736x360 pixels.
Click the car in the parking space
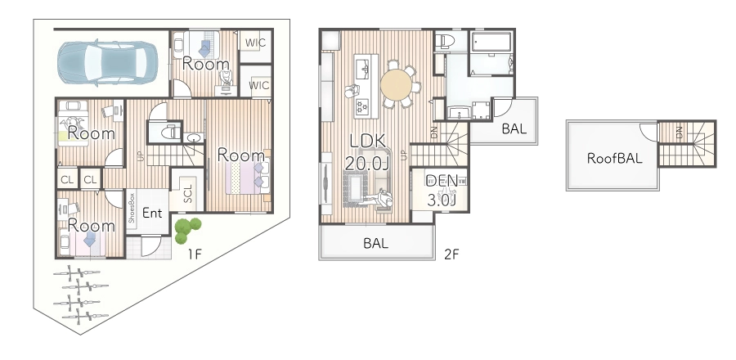pos(107,63)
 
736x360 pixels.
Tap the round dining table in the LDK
pos(396,84)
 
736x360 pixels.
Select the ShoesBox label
pos(132,208)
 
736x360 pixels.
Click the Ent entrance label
pos(152,213)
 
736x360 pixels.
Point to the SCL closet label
pos(187,193)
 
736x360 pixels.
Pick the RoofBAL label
pos(614,158)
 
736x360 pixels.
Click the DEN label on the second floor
pos(442,181)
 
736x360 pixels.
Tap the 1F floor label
pos(195,254)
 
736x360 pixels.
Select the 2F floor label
pos(451,254)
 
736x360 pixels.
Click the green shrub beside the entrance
pos(186,230)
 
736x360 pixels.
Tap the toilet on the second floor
pos(443,42)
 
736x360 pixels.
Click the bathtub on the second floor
pos(491,42)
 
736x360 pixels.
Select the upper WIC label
pos(255,43)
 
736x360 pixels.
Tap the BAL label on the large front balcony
pos(375,243)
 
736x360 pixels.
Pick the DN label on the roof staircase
pos(679,133)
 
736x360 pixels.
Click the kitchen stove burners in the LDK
pos(362,107)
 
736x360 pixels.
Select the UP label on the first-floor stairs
pos(141,155)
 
